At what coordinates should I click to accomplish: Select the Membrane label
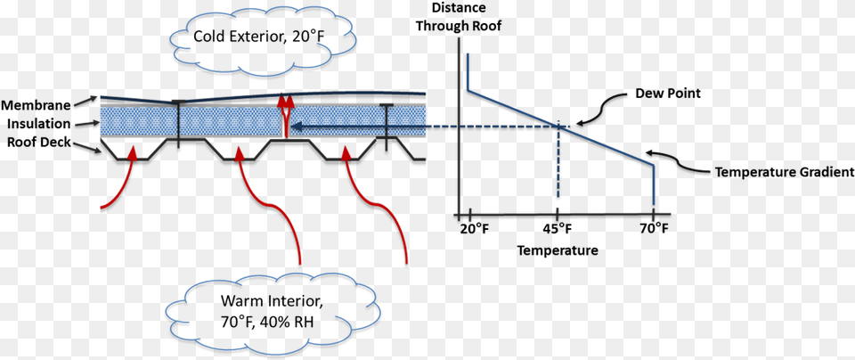pos(35,104)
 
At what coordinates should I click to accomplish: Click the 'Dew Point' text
pos(667,93)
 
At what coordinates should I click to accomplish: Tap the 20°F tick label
pos(474,229)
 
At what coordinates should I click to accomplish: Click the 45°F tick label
pos(557,229)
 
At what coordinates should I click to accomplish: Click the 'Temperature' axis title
pos(558,250)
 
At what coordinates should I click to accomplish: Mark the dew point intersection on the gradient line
pos(558,127)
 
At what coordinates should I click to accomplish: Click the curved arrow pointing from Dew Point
pos(599,110)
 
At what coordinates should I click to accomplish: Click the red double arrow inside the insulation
pos(284,114)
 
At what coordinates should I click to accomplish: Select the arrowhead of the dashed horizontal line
pos(298,127)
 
